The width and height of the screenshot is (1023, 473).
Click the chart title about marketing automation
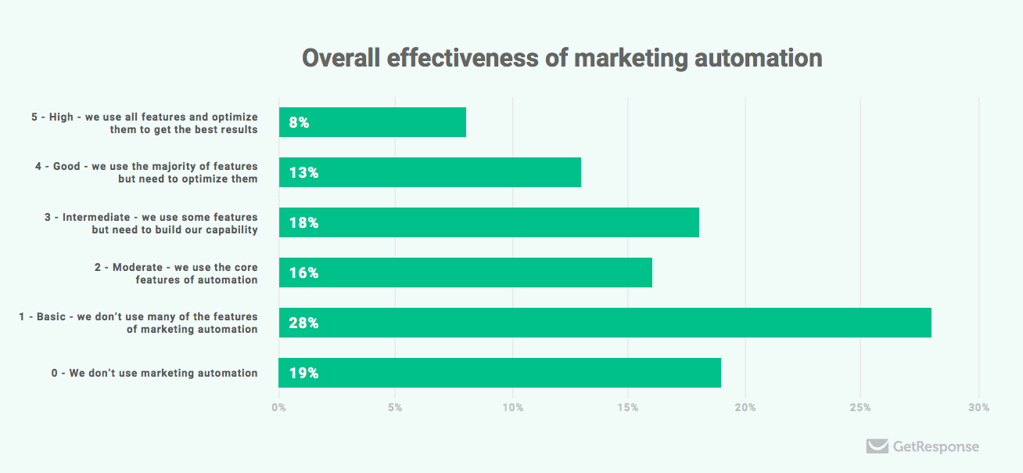(x=562, y=59)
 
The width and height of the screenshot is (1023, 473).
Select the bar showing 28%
(x=605, y=323)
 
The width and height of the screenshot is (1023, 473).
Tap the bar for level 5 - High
(x=372, y=122)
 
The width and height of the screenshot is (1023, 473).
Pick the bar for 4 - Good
(x=429, y=172)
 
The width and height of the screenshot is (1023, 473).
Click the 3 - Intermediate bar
(x=489, y=222)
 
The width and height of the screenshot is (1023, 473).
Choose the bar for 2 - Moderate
(x=465, y=273)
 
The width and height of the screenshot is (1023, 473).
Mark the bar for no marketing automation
(x=500, y=373)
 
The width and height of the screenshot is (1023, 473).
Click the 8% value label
(x=299, y=123)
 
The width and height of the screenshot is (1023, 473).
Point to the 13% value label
(x=303, y=173)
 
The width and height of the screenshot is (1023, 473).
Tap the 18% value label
(x=303, y=223)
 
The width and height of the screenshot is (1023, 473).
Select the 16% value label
(x=303, y=273)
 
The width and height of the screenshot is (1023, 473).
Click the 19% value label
(x=303, y=374)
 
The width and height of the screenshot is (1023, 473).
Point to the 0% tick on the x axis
(x=278, y=408)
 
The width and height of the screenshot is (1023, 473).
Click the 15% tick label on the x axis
(x=627, y=408)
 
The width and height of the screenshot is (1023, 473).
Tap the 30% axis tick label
(x=978, y=408)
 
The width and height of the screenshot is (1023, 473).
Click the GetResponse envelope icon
(x=877, y=446)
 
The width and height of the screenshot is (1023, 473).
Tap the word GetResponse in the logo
(x=935, y=447)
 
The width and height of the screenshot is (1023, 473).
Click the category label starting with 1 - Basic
(x=138, y=323)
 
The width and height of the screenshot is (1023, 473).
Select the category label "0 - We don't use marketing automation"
(x=154, y=373)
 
